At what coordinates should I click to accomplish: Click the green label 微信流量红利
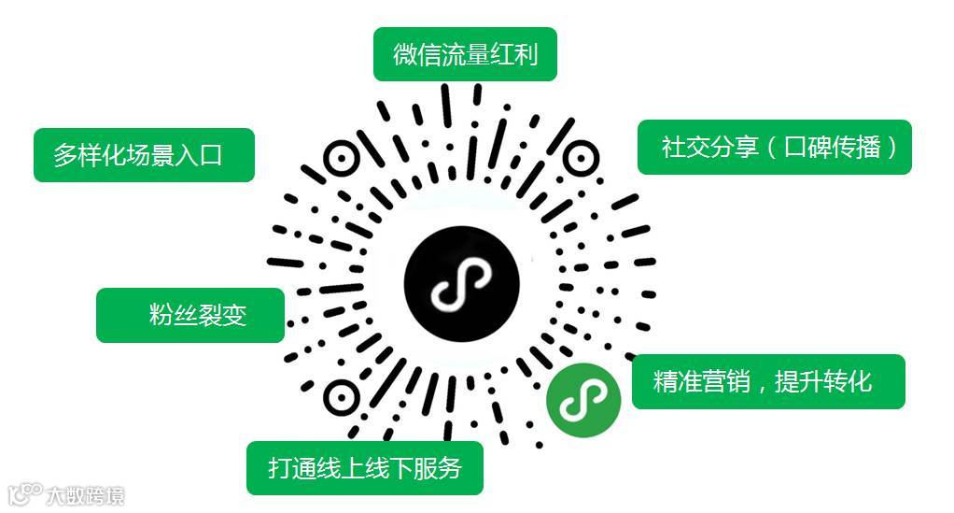click(x=465, y=54)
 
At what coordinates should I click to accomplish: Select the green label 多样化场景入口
click(x=144, y=154)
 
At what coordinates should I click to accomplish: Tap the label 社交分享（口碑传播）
click(x=774, y=147)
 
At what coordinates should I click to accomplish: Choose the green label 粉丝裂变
click(x=190, y=316)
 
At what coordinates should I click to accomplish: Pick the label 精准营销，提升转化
click(x=767, y=381)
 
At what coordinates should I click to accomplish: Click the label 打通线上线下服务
click(x=365, y=467)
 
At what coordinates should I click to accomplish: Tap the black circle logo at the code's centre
click(x=462, y=281)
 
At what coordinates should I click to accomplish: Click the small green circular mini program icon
click(x=583, y=401)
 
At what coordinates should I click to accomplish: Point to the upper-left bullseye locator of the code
click(x=342, y=160)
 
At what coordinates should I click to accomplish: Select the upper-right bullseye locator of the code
click(x=579, y=160)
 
